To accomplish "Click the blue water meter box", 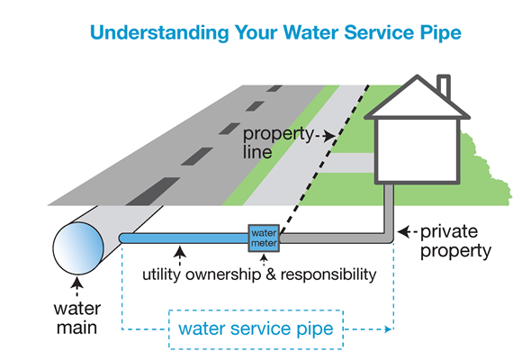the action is (x=264, y=238).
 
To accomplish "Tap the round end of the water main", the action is (x=78, y=248).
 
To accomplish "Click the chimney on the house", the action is (x=444, y=85).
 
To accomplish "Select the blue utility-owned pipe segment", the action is (x=184, y=238).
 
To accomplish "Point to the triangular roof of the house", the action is (x=417, y=98).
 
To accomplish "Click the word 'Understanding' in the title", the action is (x=159, y=33).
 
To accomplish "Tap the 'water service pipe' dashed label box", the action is (x=256, y=329).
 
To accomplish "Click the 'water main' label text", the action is (x=77, y=319).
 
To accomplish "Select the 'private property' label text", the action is (x=455, y=241).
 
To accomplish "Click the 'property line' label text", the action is (x=278, y=142).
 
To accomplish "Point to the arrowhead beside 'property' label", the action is (x=329, y=137).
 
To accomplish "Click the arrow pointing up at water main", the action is (x=77, y=286).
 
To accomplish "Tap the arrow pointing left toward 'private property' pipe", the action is (x=408, y=232).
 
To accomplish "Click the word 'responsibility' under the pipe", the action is (x=328, y=274).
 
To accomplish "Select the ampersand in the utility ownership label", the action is (x=271, y=274).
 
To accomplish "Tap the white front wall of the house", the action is (x=418, y=149).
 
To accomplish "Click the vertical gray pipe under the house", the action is (x=389, y=210).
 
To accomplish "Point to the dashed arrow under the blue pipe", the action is (x=180, y=256).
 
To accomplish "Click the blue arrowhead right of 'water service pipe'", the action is (x=389, y=328).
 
